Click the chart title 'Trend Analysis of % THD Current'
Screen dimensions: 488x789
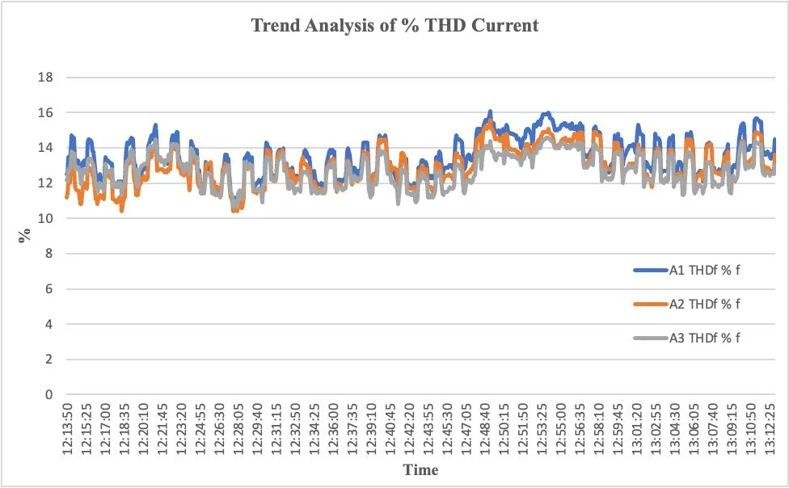click(x=394, y=25)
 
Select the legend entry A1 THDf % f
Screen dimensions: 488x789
click(x=704, y=270)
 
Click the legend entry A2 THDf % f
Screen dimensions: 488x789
click(x=704, y=304)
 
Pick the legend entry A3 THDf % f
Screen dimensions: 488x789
click(x=704, y=338)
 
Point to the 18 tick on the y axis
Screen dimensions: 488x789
click(x=46, y=78)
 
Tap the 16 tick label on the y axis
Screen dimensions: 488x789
click(x=46, y=113)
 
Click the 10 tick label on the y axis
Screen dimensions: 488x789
click(x=46, y=218)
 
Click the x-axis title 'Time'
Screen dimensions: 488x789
click(x=420, y=469)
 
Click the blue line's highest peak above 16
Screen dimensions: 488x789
click(x=490, y=111)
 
